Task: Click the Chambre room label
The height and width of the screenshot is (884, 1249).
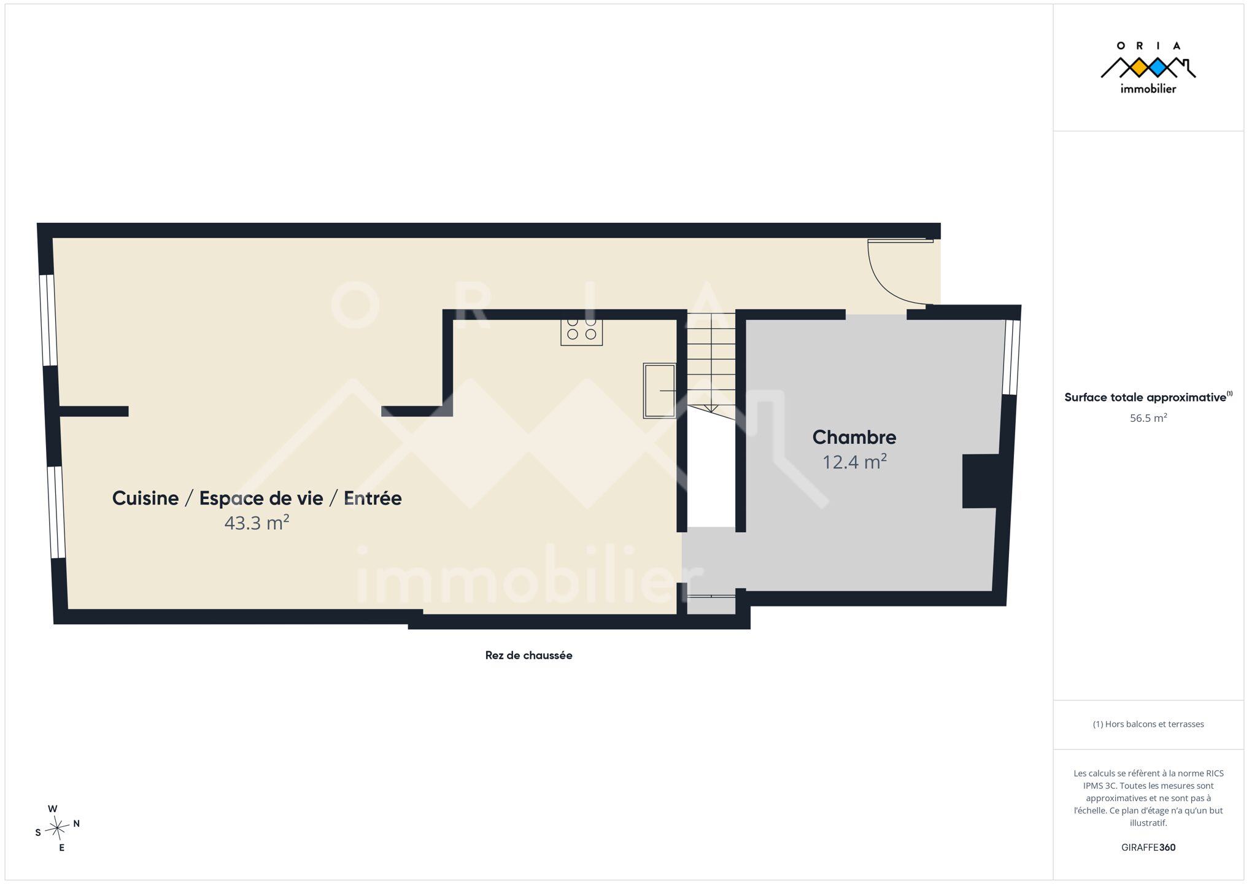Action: pos(854,437)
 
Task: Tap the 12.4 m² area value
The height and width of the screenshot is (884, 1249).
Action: pos(854,462)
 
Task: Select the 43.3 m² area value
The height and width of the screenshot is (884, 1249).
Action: pos(257,522)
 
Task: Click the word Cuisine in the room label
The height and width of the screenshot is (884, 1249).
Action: pos(145,498)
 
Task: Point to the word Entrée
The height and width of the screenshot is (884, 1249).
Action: pos(373,498)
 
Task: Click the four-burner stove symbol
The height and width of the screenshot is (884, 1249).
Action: pos(581,332)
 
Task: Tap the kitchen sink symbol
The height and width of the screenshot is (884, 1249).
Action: pos(660,390)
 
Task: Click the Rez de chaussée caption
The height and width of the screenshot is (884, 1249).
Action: pos(528,655)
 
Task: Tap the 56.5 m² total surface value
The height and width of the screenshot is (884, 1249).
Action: pos(1148,418)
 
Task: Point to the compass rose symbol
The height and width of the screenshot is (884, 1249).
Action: pos(57,829)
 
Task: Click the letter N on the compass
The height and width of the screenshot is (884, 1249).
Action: pos(77,824)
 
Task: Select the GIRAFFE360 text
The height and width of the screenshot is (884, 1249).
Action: pos(1148,847)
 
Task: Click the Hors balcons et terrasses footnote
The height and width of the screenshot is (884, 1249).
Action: pos(1148,724)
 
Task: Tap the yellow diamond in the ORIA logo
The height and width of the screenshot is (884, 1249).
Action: pos(1139,68)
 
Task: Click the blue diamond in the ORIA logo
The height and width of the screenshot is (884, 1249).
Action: pos(1158,68)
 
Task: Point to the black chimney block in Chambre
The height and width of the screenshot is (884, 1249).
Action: pos(980,481)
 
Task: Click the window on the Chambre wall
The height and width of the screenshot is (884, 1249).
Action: pos(1011,357)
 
